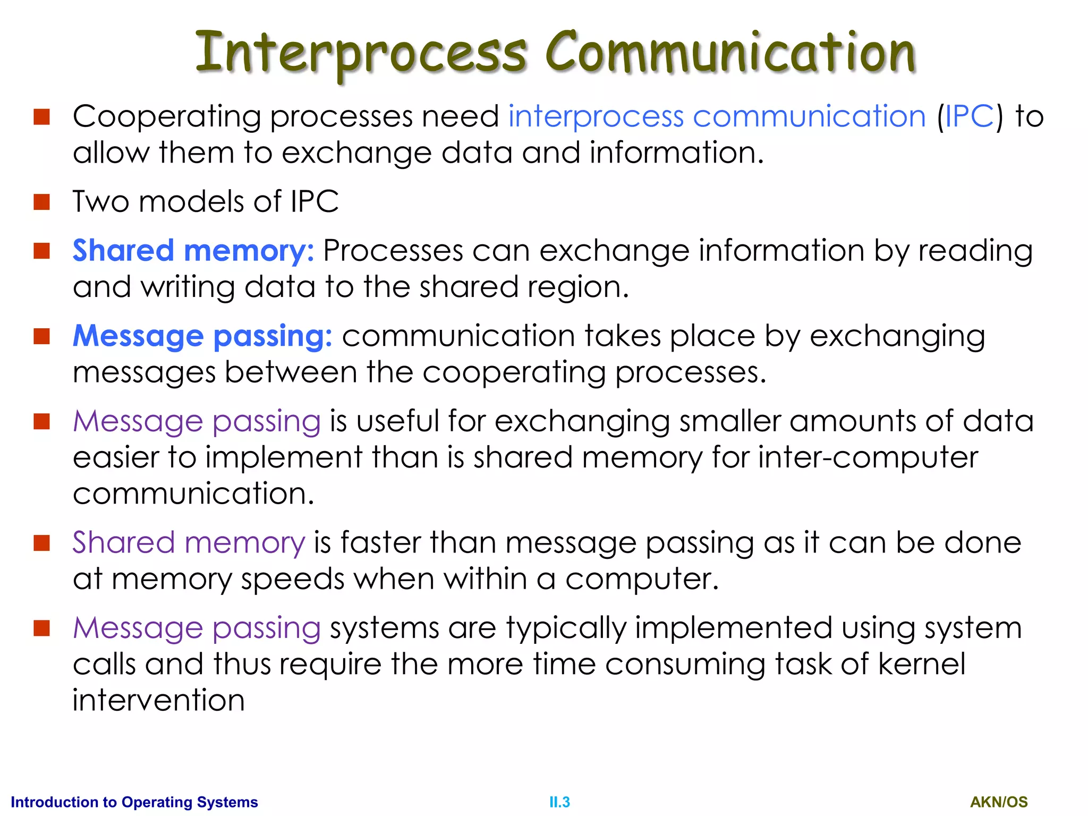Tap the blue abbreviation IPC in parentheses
pyautogui.click(x=970, y=116)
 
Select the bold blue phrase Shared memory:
pyautogui.click(x=193, y=251)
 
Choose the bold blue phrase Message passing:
pyautogui.click(x=202, y=336)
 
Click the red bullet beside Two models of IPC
pyautogui.click(x=41, y=202)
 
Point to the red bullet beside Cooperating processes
pyautogui.click(x=41, y=117)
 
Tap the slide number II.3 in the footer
pyautogui.click(x=559, y=802)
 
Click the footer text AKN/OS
pyautogui.click(x=999, y=802)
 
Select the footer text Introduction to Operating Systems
pyautogui.click(x=134, y=802)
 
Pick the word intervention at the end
pyautogui.click(x=158, y=700)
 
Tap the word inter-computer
pyautogui.click(x=868, y=457)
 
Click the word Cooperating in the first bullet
pyautogui.click(x=167, y=117)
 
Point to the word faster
pyautogui.click(x=381, y=543)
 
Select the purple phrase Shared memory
pyautogui.click(x=189, y=543)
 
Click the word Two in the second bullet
pyautogui.click(x=100, y=202)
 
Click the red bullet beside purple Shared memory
pyautogui.click(x=41, y=543)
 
